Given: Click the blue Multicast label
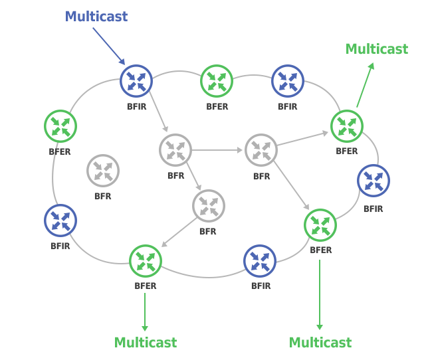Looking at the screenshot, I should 96,17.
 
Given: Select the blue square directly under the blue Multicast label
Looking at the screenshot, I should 108,45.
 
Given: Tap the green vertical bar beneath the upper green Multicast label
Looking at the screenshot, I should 364,85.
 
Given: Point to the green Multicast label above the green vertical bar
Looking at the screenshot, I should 377,49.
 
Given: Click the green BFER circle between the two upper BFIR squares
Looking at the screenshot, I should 217,81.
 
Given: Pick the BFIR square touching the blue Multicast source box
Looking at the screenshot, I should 136,81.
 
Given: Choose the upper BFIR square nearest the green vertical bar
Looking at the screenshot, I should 288,81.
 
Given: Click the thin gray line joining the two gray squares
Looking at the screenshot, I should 214,150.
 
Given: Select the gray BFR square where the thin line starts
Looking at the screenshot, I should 175,150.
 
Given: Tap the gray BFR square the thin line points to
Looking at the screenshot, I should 261,150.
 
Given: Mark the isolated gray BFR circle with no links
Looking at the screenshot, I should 103,171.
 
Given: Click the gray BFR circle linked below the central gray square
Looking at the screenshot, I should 209,206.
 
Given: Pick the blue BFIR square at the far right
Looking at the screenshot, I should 374,180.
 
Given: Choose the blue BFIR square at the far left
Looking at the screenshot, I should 60,220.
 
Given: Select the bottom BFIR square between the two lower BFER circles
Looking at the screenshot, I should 260,260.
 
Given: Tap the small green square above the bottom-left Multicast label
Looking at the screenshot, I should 145,329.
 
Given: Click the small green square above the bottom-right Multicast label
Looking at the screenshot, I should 320,327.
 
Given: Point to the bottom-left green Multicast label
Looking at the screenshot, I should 146,343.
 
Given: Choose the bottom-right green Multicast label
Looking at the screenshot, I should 320,343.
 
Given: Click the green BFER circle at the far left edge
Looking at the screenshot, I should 60,126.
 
